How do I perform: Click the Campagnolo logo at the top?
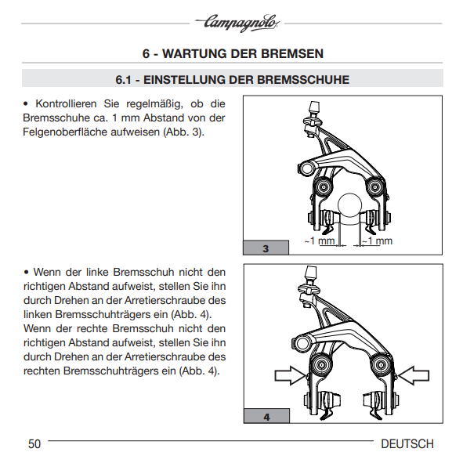click(x=237, y=23)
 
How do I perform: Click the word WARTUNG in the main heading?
click(x=194, y=54)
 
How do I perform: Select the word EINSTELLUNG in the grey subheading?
click(x=183, y=80)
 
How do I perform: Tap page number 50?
click(x=34, y=444)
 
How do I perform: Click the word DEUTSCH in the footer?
click(x=407, y=444)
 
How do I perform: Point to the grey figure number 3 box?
click(x=266, y=248)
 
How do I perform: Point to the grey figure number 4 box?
click(x=266, y=416)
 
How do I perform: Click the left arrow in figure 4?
click(x=291, y=375)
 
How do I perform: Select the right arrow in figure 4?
click(x=413, y=375)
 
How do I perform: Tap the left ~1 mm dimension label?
click(x=320, y=241)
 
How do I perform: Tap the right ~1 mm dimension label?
click(x=377, y=241)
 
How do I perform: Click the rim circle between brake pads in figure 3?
click(x=350, y=205)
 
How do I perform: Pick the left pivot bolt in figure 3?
click(x=324, y=186)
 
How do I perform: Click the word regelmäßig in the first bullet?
click(x=154, y=104)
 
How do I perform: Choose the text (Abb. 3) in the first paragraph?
click(x=183, y=132)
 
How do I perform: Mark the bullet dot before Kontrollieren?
click(x=26, y=104)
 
